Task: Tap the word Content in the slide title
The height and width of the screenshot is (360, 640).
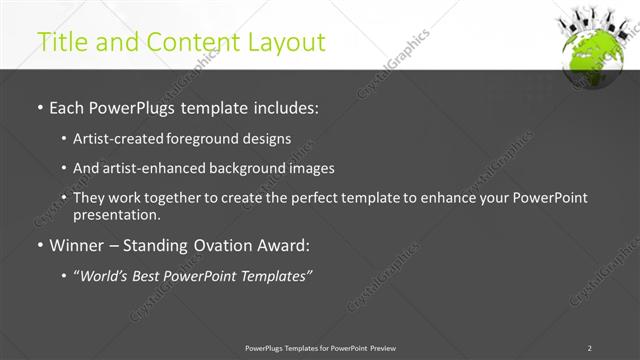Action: pyautogui.click(x=197, y=42)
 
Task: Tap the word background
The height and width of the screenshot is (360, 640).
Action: pyautogui.click(x=254, y=168)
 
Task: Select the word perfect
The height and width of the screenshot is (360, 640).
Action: pyautogui.click(x=316, y=198)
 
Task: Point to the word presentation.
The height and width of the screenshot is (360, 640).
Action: pyautogui.click(x=116, y=214)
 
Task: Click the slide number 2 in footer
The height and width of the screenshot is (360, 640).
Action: pyautogui.click(x=589, y=348)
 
